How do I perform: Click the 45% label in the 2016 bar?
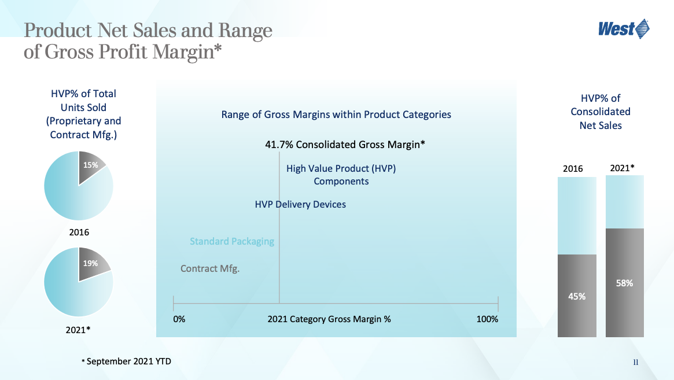577,297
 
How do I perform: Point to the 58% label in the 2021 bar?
624,283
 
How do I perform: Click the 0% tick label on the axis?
179,319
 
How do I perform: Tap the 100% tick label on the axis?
487,319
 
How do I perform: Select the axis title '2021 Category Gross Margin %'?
329,319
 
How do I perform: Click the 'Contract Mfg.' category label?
210,269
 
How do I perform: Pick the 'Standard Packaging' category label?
232,241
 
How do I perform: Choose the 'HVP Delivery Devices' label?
300,205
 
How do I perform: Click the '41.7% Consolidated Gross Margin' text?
345,145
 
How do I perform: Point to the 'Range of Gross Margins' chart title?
336,115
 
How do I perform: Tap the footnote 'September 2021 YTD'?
128,361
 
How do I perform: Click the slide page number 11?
636,363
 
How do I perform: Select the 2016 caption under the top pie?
79,232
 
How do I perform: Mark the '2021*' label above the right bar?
623,168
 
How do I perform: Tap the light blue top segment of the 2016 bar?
577,215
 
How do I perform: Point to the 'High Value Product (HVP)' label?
341,168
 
